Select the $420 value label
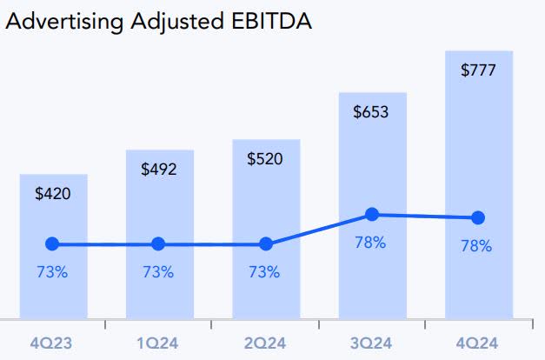point(53,194)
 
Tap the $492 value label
point(159,169)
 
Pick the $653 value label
point(371,112)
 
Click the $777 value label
point(478,70)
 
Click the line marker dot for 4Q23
point(52,244)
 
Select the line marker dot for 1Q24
point(158,244)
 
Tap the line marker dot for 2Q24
point(265,244)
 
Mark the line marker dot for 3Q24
point(372,214)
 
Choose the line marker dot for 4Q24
point(477,217)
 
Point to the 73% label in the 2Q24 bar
point(264,272)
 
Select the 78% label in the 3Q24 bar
point(370,243)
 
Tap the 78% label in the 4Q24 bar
point(476,246)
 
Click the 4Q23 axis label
point(51,343)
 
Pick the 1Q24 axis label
point(158,343)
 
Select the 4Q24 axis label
point(476,343)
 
